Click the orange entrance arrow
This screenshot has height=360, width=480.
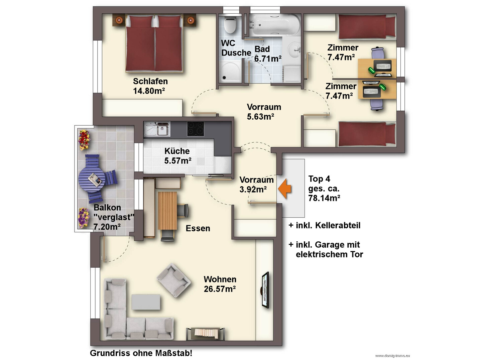click(x=284, y=189)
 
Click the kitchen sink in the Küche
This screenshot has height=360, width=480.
click(x=157, y=129)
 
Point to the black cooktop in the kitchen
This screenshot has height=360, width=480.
click(x=196, y=129)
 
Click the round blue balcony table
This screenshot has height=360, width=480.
click(x=92, y=179)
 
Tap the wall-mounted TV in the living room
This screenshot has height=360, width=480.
click(x=265, y=290)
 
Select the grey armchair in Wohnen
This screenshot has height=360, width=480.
click(x=173, y=281)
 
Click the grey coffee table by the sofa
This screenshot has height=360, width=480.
click(x=146, y=302)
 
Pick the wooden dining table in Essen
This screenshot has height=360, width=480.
click(x=167, y=211)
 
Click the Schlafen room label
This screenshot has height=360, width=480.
click(x=150, y=81)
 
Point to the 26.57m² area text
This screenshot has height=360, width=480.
click(x=220, y=289)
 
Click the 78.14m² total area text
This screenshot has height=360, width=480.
click(x=324, y=198)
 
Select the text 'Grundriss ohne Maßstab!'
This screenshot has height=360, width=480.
click(x=141, y=353)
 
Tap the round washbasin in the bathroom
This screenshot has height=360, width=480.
click(x=294, y=49)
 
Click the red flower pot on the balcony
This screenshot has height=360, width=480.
click(x=85, y=140)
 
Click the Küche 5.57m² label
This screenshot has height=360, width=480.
click(x=178, y=156)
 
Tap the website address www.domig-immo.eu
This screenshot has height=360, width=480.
click(x=392, y=356)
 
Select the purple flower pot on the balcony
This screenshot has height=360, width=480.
click(x=84, y=218)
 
